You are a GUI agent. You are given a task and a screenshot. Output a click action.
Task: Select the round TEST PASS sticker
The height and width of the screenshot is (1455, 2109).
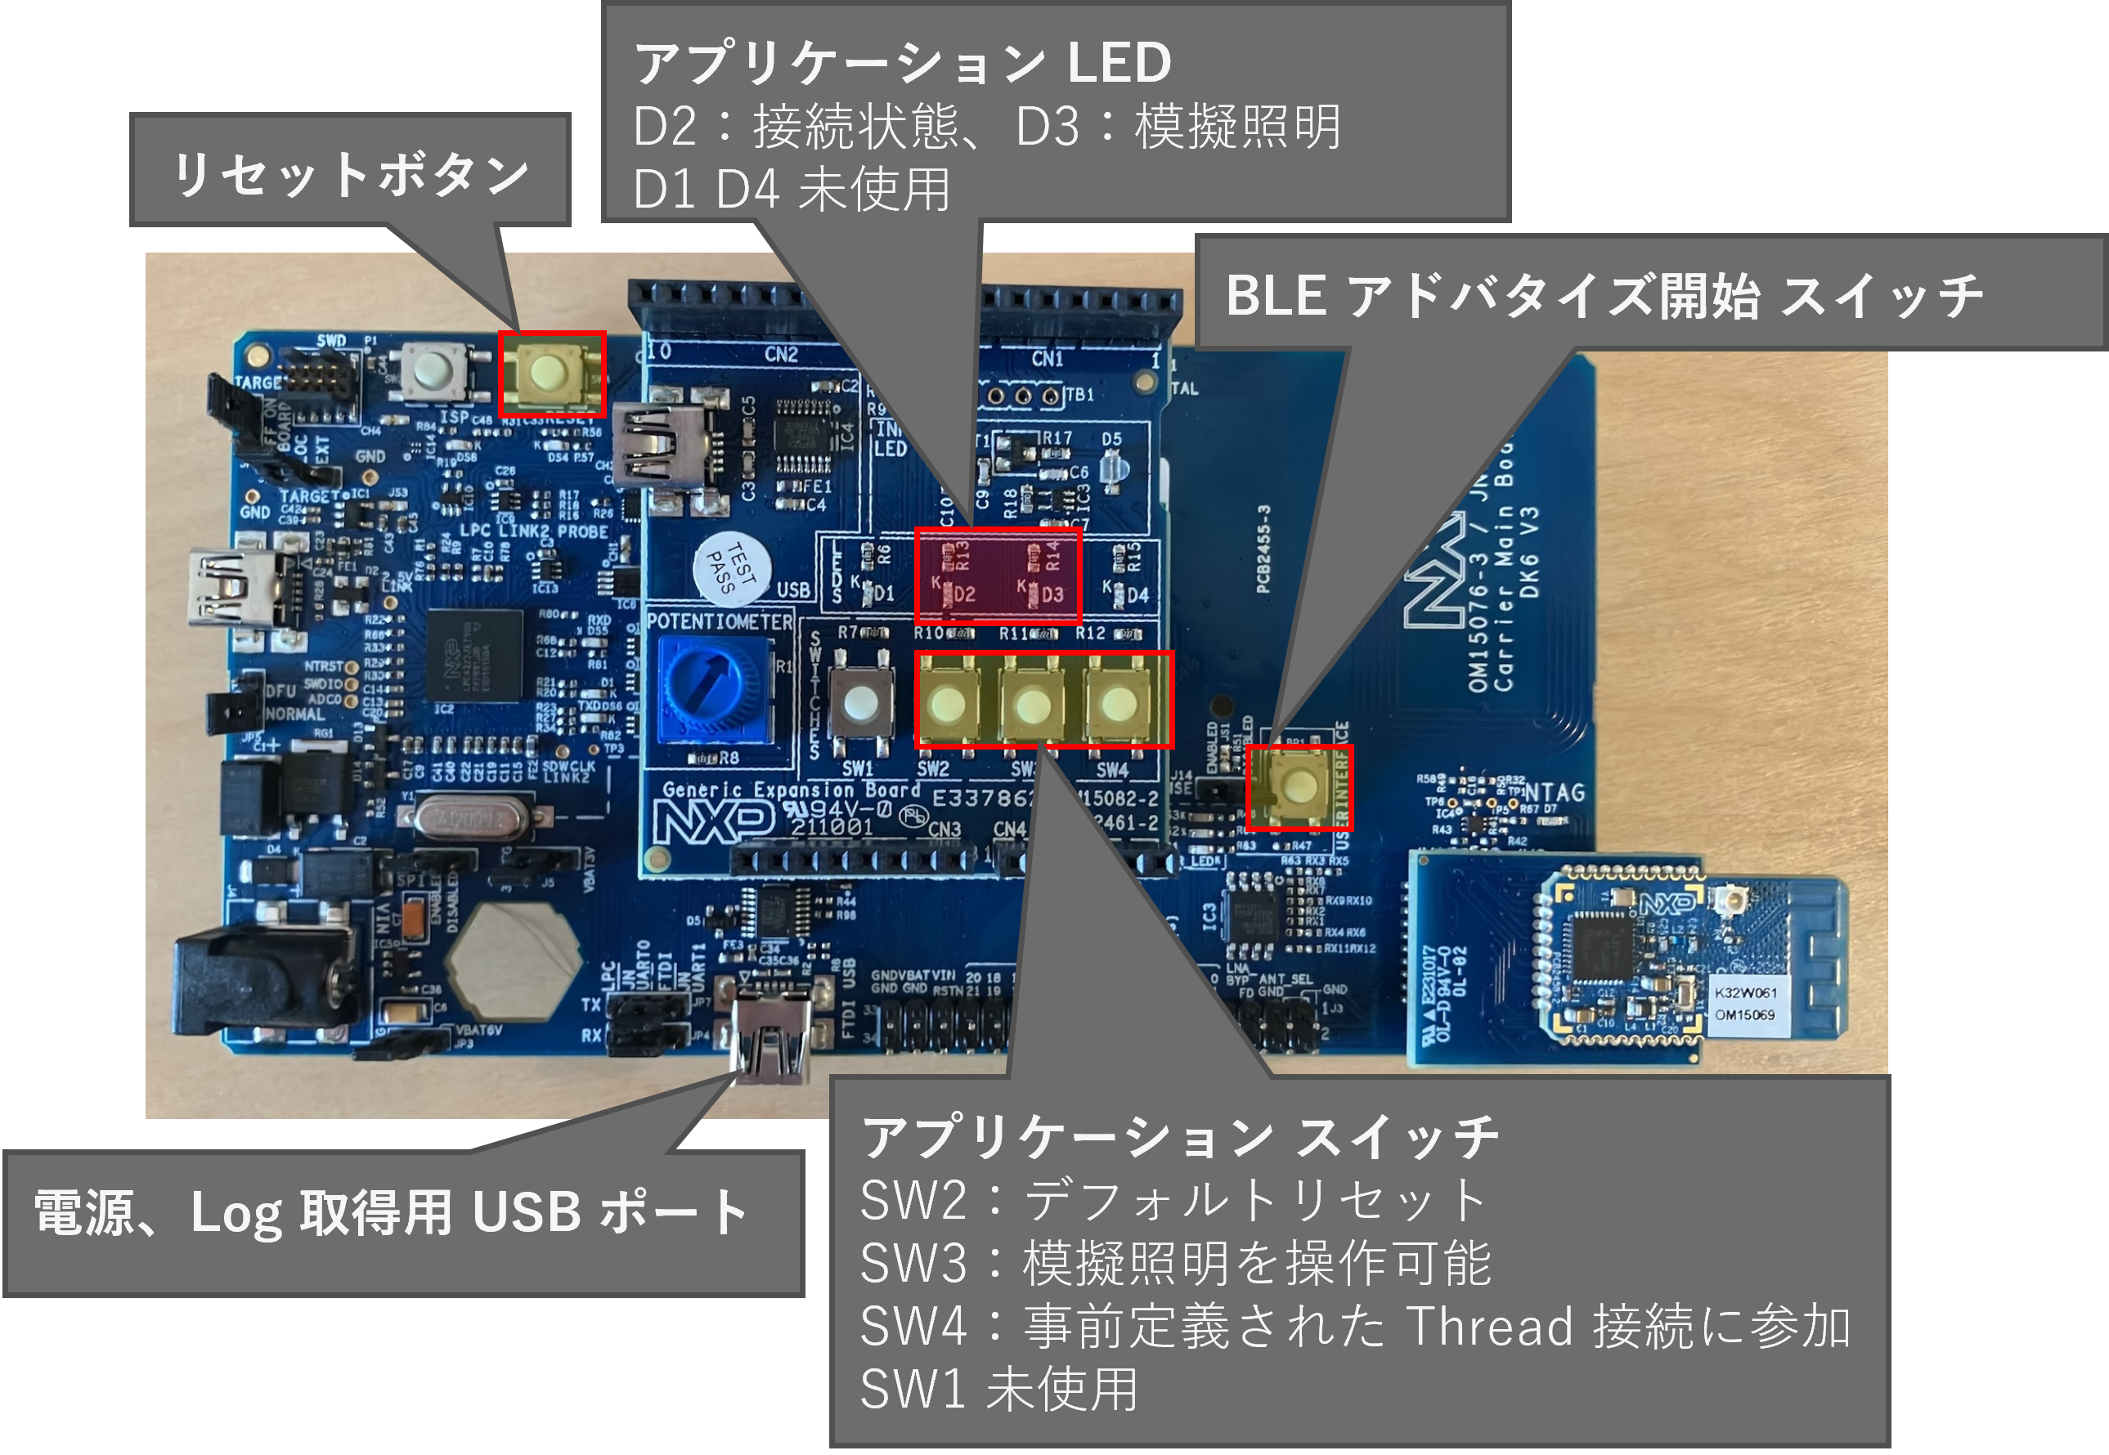[x=731, y=567]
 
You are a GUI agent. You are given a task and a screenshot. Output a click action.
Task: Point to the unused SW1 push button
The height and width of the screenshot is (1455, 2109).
[x=859, y=702]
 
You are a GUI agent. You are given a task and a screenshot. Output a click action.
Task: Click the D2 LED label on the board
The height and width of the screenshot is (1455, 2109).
[x=964, y=595]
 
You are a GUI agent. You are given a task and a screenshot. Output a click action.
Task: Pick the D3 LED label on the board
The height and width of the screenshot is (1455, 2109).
[x=1052, y=595]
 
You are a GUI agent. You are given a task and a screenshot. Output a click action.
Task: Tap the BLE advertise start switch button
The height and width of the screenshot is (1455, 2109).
[x=1299, y=785]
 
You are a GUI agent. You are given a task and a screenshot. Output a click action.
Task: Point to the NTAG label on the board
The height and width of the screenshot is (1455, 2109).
[x=1554, y=792]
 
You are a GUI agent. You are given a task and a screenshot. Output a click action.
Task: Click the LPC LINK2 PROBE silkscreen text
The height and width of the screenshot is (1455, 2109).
[x=533, y=531]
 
